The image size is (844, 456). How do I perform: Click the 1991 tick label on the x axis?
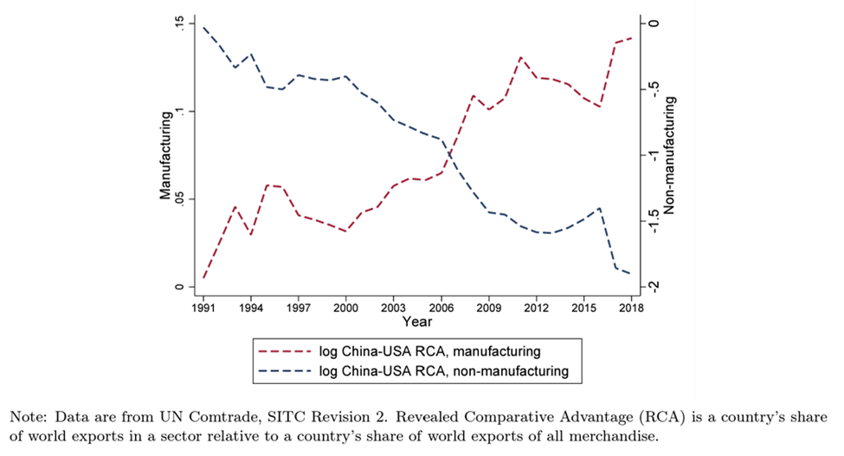pyautogui.click(x=204, y=307)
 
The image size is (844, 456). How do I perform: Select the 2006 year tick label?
pyautogui.click(x=441, y=307)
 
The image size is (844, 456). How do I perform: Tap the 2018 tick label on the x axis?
pyautogui.click(x=630, y=307)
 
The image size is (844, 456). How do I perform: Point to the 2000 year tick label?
pyautogui.click(x=346, y=307)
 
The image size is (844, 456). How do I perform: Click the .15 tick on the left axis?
pyautogui.click(x=179, y=23)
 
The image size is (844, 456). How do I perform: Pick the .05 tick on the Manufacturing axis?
pyautogui.click(x=179, y=199)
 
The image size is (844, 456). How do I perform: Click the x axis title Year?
pyautogui.click(x=416, y=322)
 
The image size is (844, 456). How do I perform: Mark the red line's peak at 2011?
pyautogui.click(x=520, y=57)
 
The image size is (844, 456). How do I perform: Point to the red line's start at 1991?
pyautogui.click(x=204, y=277)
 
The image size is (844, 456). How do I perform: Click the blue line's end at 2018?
pyautogui.click(x=630, y=274)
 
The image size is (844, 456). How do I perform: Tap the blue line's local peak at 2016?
pyautogui.click(x=599, y=208)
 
